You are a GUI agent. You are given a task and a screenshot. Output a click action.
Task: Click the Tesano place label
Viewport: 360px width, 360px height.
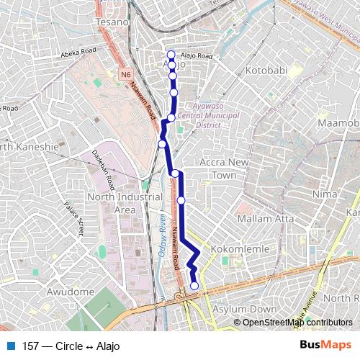[112, 22]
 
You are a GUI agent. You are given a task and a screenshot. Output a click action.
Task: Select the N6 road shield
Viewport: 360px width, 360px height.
[127, 73]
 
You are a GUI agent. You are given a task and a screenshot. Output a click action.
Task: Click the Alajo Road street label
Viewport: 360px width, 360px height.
[196, 56]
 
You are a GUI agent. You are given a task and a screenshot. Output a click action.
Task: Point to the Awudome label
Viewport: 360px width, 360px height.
[70, 292]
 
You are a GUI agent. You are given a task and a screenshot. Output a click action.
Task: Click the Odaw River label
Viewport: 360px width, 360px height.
[163, 236]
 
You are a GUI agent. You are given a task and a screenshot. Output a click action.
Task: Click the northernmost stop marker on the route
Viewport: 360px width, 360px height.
[171, 55]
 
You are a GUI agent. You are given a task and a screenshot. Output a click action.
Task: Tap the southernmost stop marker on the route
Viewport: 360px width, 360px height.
[194, 286]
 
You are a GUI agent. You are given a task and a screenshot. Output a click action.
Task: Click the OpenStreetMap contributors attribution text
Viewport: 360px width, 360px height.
[297, 323]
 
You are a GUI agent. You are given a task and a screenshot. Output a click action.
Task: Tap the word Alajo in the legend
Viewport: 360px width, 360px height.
[106, 346]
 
